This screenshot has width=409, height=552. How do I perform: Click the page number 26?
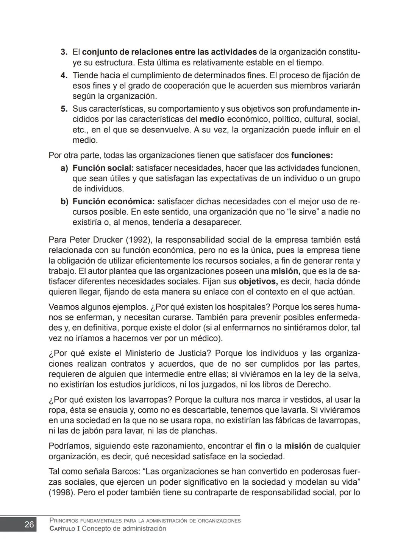29,524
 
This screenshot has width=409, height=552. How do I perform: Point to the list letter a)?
64,168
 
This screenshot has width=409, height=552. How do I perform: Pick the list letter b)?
64,202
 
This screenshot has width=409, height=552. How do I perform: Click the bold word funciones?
312,155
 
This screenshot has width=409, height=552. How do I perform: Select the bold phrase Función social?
103,168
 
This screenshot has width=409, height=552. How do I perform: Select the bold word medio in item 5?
212,120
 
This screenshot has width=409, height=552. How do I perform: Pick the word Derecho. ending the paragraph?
315,385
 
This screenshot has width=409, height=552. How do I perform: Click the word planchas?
203,431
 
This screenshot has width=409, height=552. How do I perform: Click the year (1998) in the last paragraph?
62,493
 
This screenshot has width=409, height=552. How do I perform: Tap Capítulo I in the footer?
64,529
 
